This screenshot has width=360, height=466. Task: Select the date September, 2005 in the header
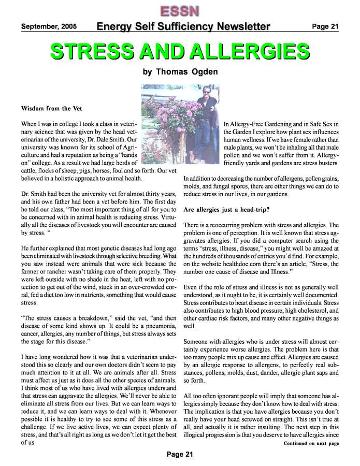coord(49,26)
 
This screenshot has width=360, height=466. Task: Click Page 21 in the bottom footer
coord(180,454)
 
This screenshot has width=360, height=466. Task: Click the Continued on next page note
coord(311,443)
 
